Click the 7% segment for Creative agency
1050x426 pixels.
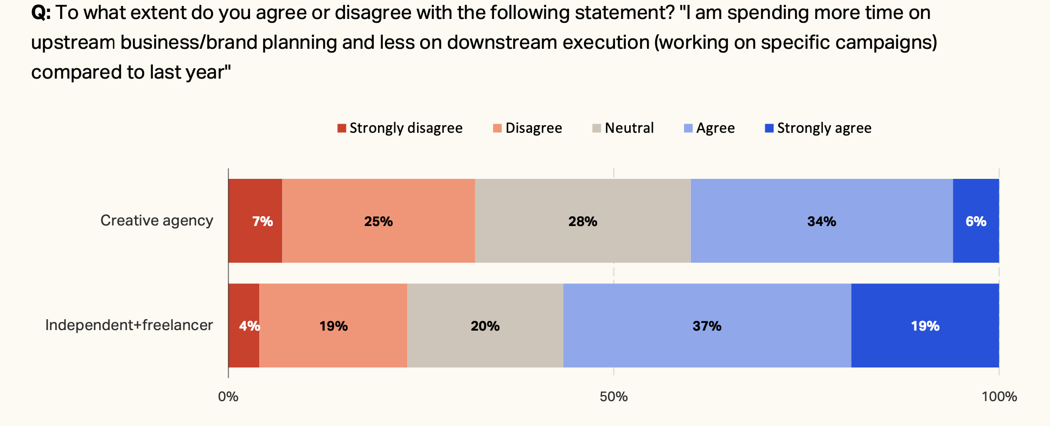[x=255, y=221]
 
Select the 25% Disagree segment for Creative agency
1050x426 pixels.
[x=379, y=221]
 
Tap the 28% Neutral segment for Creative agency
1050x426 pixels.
[x=583, y=221]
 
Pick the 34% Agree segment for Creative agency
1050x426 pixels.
[x=822, y=221]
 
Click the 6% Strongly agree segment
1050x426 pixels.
[x=976, y=221]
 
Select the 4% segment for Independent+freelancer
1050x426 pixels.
[x=245, y=326]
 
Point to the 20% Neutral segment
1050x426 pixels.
[x=485, y=326]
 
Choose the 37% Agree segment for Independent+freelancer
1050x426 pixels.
[x=707, y=326]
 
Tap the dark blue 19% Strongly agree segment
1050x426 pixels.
[x=925, y=326]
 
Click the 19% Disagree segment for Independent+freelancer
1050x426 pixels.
[x=334, y=326]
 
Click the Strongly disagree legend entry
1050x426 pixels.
[x=400, y=128]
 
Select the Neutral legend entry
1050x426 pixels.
[x=623, y=128]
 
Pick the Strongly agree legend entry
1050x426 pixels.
[x=818, y=128]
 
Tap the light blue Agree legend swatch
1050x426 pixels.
[x=688, y=128]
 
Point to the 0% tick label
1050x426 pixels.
[x=228, y=397]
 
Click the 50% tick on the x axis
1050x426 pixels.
[x=613, y=397]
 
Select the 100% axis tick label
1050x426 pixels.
[x=999, y=397]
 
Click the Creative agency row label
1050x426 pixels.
[x=157, y=221]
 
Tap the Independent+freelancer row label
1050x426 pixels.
[x=129, y=325]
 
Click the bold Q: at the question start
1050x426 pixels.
[x=41, y=13]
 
